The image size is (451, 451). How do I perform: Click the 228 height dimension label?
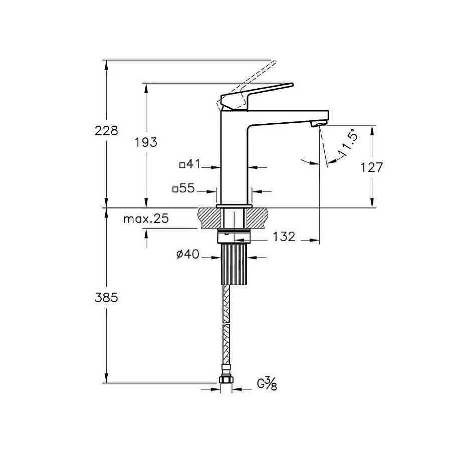click(x=106, y=131)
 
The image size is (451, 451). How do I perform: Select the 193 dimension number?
click(x=146, y=142)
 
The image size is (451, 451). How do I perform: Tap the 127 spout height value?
click(x=372, y=167)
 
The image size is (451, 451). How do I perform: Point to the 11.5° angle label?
click(x=348, y=143)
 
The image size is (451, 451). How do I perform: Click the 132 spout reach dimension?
click(x=284, y=237)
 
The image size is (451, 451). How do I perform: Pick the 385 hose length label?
click(x=106, y=298)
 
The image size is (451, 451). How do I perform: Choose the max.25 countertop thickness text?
click(x=146, y=219)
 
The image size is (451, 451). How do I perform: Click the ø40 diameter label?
click(x=188, y=254)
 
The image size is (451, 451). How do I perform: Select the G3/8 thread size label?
click(x=267, y=384)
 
